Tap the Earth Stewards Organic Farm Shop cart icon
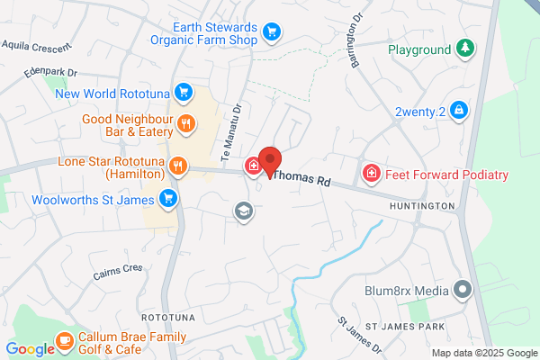(271, 34)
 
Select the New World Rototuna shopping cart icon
(183, 92)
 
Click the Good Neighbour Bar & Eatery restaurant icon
(186, 123)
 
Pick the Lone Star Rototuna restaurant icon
(178, 166)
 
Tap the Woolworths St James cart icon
(166, 198)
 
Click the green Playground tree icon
(464, 48)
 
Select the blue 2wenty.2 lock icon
(458, 110)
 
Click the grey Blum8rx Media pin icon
(463, 290)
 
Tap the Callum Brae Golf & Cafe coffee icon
(64, 339)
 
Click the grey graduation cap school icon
(242, 211)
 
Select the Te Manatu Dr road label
(238, 126)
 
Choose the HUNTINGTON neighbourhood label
(422, 206)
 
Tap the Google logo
(29, 349)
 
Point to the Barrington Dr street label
(357, 40)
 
